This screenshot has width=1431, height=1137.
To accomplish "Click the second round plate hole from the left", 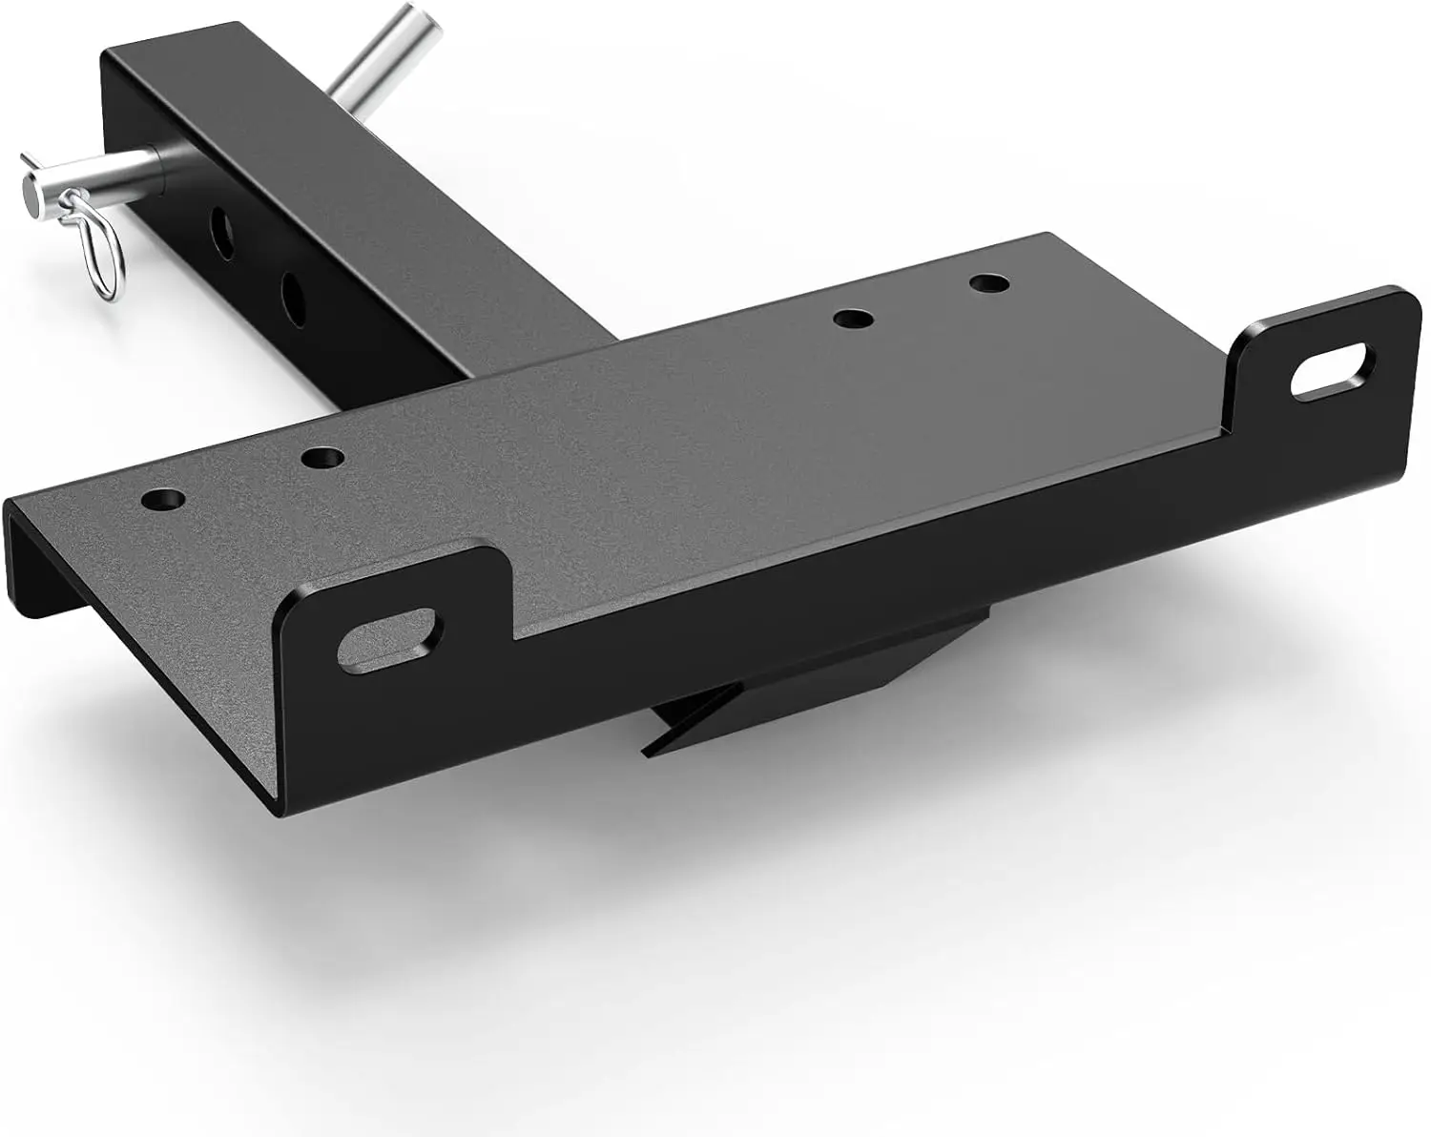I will (x=321, y=458).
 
